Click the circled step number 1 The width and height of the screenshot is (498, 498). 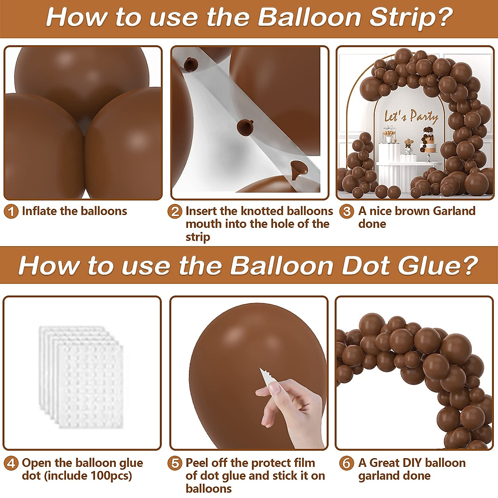(11, 212)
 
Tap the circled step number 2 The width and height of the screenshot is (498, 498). (175, 212)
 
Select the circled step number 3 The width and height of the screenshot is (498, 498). (346, 212)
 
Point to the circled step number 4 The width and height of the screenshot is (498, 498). (11, 463)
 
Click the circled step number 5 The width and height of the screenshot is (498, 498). (175, 463)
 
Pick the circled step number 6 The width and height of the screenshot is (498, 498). (346, 463)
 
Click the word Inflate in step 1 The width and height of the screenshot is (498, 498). (39, 211)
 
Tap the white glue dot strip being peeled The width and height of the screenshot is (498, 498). (265, 375)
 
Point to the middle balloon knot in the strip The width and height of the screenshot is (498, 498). (244, 126)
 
